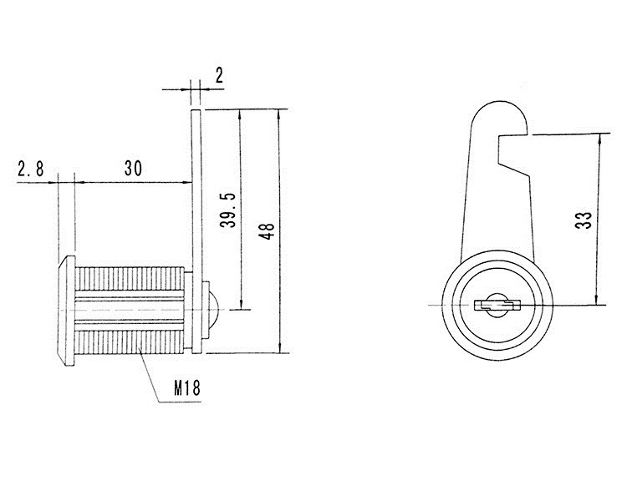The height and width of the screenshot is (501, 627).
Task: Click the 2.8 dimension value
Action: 31,169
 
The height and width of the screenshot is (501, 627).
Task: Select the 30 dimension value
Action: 133,168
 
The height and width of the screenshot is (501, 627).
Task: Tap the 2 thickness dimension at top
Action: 219,75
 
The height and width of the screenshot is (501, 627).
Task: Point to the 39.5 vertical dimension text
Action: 228,210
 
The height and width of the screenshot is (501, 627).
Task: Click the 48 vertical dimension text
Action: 267,231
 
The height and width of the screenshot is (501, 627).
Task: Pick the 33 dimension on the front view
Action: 584,220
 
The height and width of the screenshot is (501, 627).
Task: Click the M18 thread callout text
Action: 186,387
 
